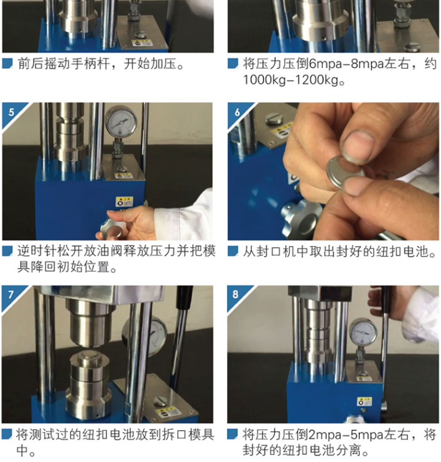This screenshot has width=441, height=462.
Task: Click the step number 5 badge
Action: click(11, 112)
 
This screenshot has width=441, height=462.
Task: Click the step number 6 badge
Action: click(237, 112)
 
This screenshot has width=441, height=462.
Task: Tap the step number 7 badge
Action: click(11, 295)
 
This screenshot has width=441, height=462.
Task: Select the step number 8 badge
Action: click(236, 294)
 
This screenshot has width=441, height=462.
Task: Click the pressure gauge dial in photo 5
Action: click(121, 121)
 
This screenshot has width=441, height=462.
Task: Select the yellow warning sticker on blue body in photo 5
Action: click(124, 201)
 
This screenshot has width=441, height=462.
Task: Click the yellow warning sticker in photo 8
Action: click(365, 401)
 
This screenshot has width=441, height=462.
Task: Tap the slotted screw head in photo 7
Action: click(160, 401)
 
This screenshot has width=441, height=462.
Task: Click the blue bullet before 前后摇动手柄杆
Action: click(8, 64)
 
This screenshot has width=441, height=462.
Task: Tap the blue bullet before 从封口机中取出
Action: click(233, 251)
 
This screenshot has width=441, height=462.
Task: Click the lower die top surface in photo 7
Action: click(88, 355)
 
